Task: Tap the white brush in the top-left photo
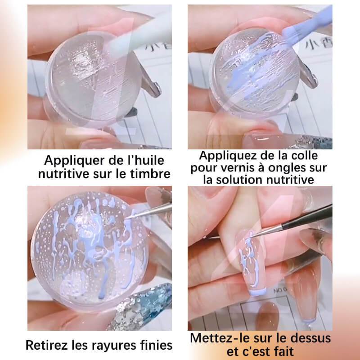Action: [x=135, y=36]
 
